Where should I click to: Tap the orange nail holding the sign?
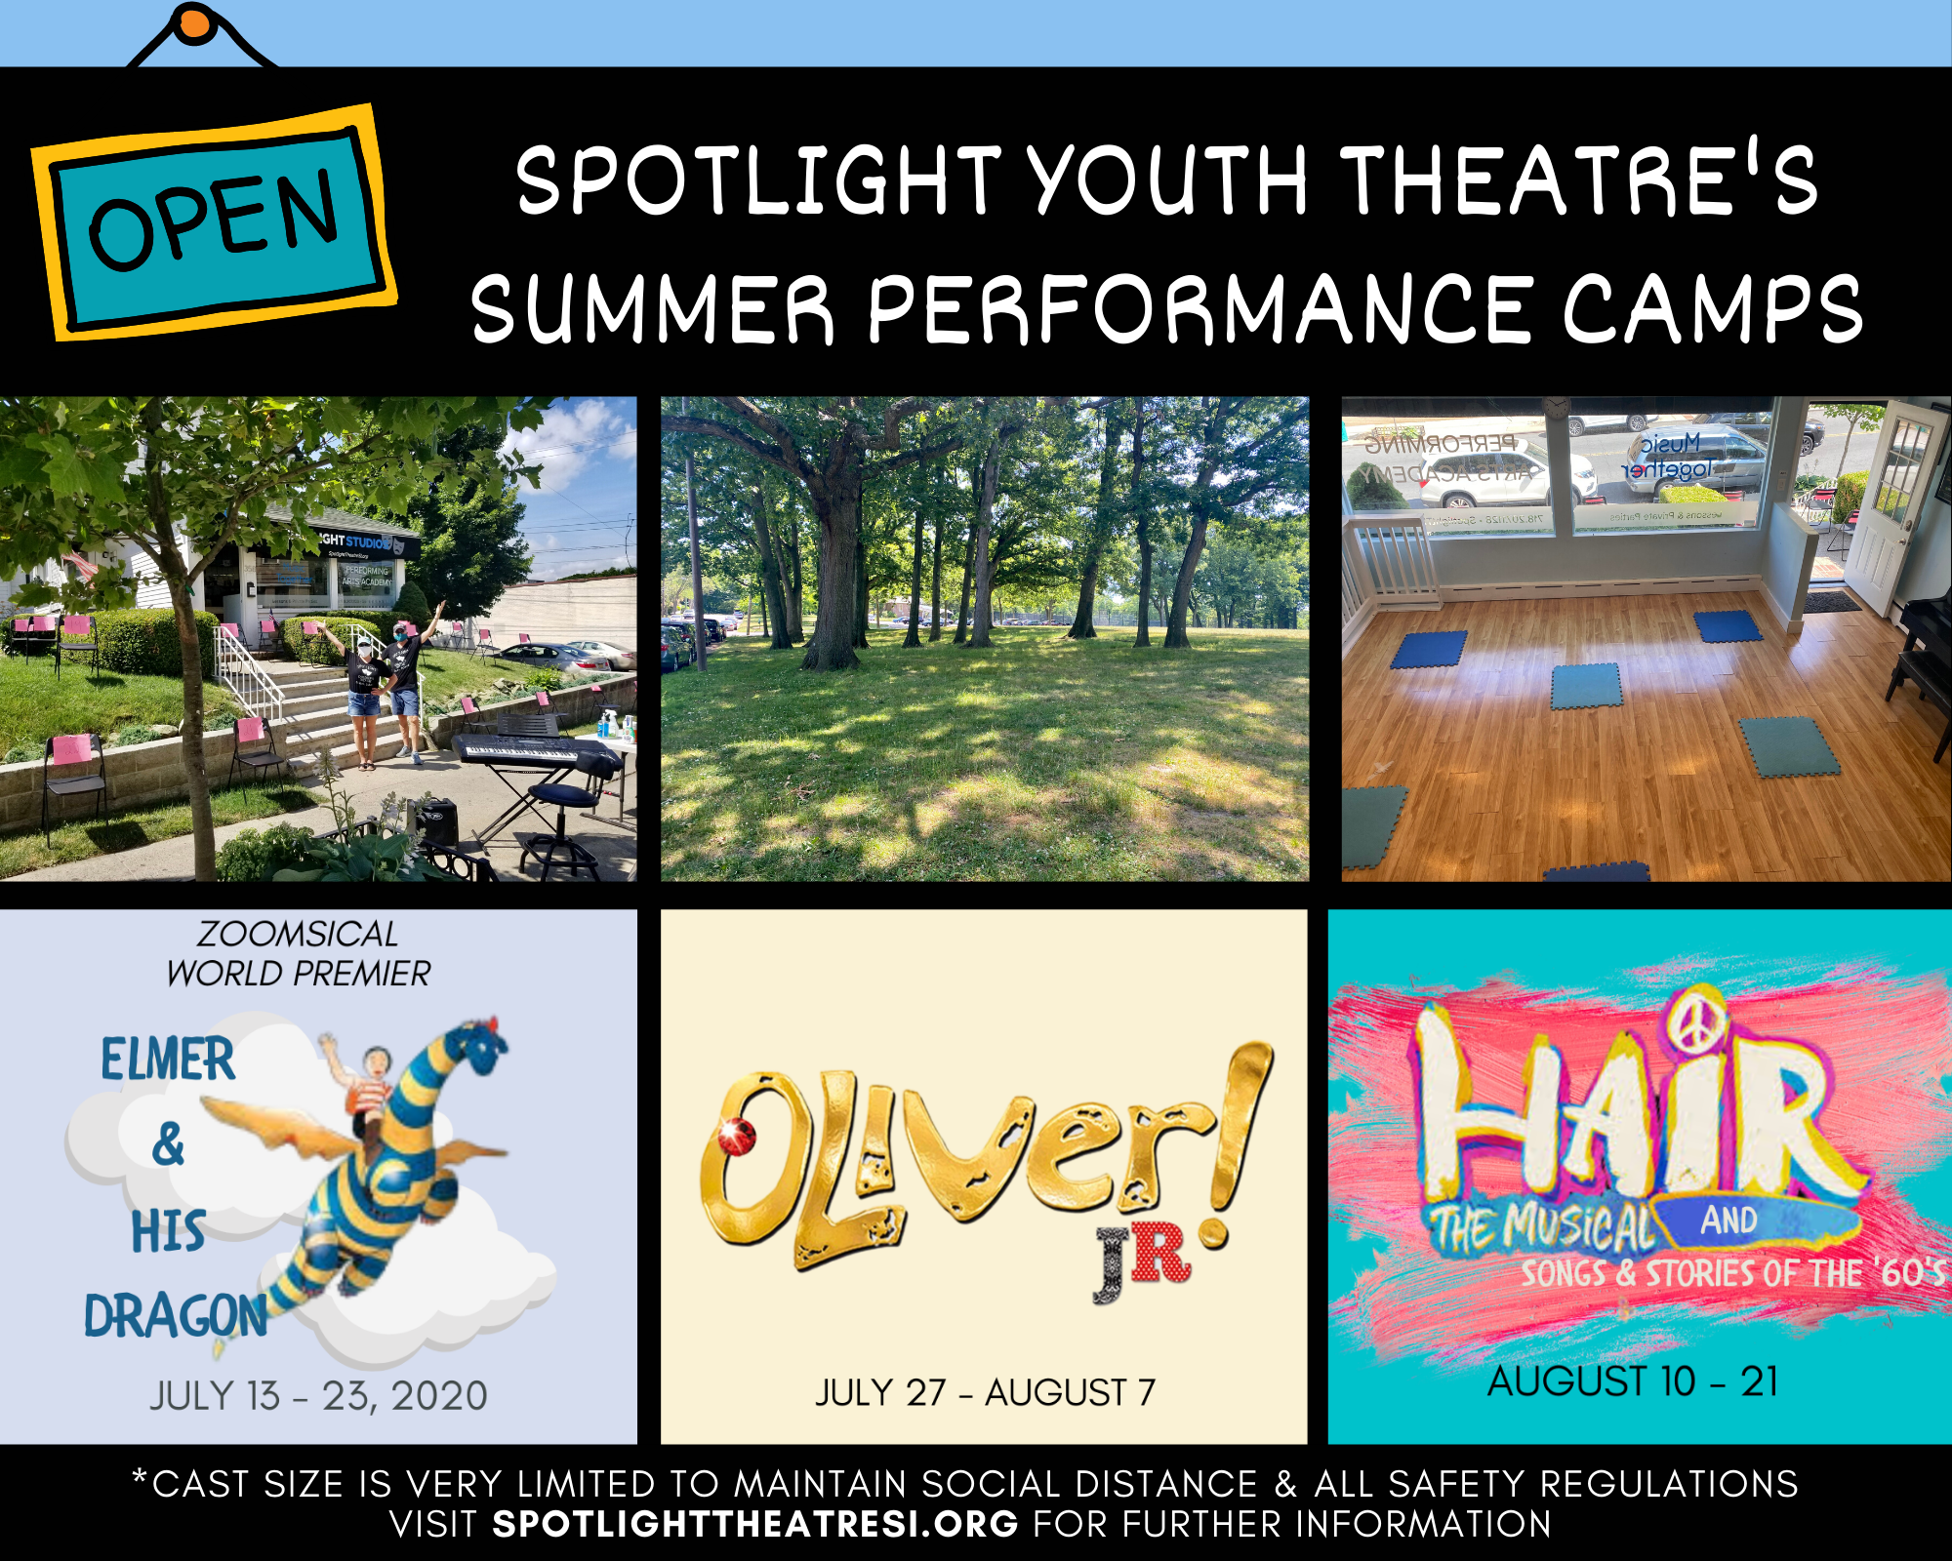coord(195,23)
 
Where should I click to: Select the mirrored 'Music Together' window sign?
coord(1669,457)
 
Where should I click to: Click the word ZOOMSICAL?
coord(297,935)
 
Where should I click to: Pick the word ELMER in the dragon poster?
coord(168,1061)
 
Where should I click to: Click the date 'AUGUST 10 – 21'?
coord(1633,1381)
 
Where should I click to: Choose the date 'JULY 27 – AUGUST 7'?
coord(985,1392)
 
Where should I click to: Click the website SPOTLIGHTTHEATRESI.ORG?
coord(754,1524)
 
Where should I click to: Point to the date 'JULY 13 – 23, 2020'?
coord(318,1396)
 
